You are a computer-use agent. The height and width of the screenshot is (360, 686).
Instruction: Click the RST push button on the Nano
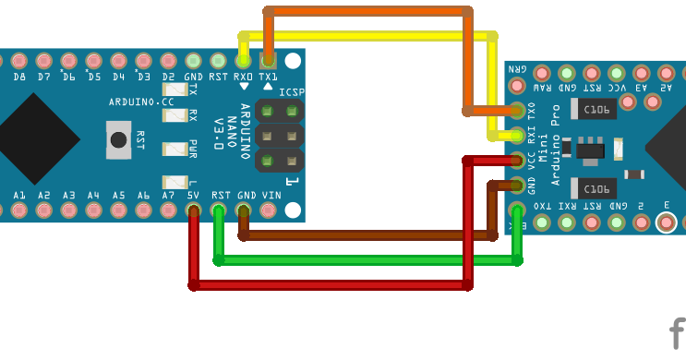118,140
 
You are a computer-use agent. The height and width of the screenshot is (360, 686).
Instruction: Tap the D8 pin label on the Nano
19,78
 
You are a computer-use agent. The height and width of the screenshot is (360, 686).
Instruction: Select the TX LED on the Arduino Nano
175,90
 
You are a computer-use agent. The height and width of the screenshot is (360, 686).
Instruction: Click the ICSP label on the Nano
291,92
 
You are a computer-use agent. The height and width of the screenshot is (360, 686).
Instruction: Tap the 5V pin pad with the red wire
194,211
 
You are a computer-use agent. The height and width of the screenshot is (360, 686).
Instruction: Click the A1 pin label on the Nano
19,196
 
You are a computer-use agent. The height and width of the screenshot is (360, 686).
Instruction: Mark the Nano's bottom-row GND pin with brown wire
244,211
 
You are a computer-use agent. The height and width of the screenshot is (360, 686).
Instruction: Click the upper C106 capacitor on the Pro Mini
596,110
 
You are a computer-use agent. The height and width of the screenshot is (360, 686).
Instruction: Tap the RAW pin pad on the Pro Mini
541,72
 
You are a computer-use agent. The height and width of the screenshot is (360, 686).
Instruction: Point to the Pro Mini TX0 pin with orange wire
517,111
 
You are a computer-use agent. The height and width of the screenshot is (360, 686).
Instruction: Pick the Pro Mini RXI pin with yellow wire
517,136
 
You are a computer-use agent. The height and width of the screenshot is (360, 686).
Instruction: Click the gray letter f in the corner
677,333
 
